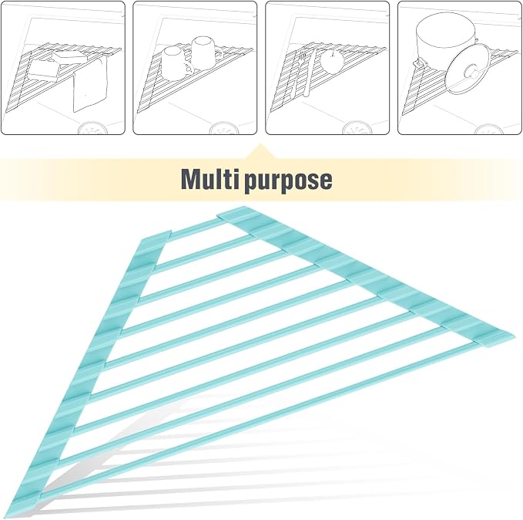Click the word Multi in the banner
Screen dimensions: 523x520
pos(210,179)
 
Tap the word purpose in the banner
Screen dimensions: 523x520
pos(288,181)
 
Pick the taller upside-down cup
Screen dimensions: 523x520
pos(204,52)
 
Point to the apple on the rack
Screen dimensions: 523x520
pos(333,60)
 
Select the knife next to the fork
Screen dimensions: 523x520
pos(309,73)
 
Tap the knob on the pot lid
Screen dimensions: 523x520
pos(471,71)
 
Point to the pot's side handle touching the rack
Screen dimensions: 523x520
pos(419,62)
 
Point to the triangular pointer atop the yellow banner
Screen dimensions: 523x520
pos(260,152)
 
